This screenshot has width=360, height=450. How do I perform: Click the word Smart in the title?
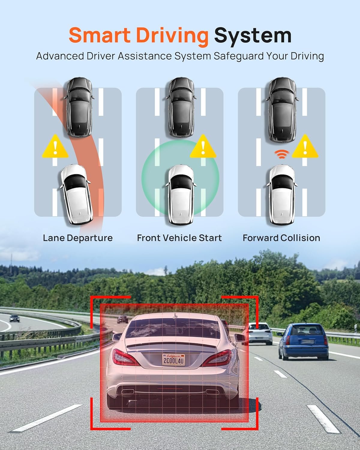(100, 35)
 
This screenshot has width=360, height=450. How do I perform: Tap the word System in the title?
(253, 35)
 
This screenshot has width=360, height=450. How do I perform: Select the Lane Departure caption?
(78, 238)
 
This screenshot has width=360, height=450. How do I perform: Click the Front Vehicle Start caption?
(179, 238)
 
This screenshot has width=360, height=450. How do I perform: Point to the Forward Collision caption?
(281, 238)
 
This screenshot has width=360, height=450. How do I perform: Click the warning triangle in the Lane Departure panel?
(55, 147)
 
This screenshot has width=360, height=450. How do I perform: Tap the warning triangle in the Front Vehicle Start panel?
(203, 147)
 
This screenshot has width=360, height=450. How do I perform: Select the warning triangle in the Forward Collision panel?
(305, 147)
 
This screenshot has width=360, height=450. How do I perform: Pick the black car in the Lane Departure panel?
(78, 107)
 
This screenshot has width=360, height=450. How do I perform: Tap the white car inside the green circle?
(180, 195)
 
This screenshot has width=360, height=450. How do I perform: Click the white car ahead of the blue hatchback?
(259, 332)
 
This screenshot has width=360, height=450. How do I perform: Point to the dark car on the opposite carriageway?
(14, 318)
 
